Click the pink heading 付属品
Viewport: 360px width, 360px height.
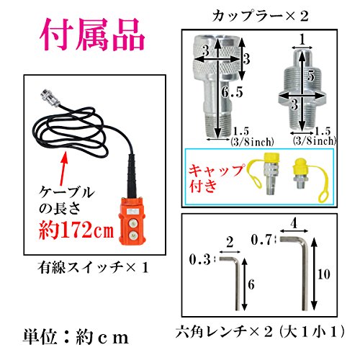click(92, 35)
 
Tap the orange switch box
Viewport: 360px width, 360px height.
click(132, 221)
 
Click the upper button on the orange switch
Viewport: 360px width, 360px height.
click(132, 223)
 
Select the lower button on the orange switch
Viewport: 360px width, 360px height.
click(132, 236)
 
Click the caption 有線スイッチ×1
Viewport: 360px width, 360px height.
click(93, 268)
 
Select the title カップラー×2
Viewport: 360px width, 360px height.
click(260, 17)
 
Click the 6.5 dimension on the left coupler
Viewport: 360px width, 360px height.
click(232, 92)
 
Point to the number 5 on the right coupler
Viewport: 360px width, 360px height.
click(311, 76)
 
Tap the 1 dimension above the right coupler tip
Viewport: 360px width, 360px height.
click(302, 40)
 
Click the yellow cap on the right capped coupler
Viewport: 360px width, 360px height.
click(300, 167)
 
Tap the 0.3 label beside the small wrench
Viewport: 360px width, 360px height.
click(199, 260)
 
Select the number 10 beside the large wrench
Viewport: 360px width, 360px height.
click(324, 274)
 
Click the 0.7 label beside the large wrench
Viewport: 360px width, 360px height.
click(261, 240)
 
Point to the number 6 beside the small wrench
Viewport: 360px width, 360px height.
click(251, 284)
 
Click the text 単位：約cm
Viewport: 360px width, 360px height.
click(76, 337)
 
